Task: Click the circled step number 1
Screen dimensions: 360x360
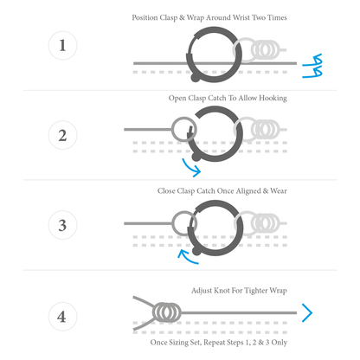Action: (62, 45)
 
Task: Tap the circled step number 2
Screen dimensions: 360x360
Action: (62, 135)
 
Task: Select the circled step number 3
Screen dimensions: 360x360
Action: (62, 225)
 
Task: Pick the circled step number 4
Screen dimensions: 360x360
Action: (62, 317)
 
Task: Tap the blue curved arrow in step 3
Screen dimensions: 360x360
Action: (187, 258)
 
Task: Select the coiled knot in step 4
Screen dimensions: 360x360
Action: (167, 312)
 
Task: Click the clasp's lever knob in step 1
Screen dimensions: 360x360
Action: (195, 77)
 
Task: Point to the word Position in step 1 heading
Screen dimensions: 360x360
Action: (145, 17)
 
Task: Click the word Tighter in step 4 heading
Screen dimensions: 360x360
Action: (256, 291)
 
